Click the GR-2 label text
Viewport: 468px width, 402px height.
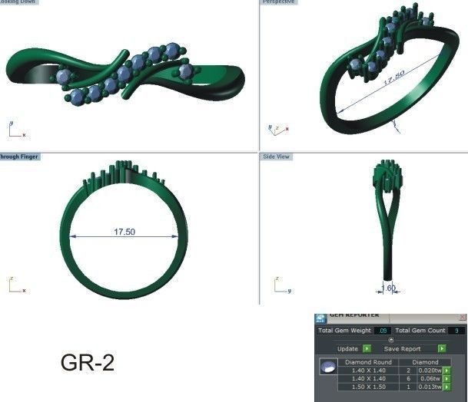click(87, 363)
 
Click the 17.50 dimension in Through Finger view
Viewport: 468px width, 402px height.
click(124, 232)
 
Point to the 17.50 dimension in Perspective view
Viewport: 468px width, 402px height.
click(393, 79)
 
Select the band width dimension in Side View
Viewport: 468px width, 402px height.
click(389, 288)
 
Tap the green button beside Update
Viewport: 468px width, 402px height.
click(367, 348)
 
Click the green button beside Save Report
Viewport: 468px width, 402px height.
click(442, 348)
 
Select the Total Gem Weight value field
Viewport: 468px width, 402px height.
click(383, 330)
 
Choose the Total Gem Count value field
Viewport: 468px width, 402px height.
click(456, 330)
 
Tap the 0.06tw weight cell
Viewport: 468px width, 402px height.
click(430, 378)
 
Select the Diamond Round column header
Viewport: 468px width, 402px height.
click(368, 361)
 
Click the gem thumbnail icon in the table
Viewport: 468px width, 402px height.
click(327, 369)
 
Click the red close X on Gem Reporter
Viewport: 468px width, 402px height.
click(462, 316)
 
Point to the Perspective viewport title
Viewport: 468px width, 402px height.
click(278, 2)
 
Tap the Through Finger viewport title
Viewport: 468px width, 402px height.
click(18, 156)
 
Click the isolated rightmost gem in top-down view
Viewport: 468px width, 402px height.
click(185, 71)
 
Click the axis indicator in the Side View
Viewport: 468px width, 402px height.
click(277, 286)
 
